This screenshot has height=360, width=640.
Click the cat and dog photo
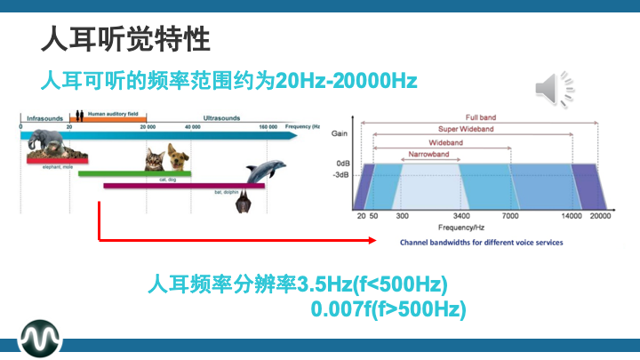click(167, 158)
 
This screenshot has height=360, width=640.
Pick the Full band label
click(480, 116)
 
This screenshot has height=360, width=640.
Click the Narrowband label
click(428, 154)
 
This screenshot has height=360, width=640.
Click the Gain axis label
click(340, 133)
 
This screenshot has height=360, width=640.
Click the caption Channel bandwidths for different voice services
click(481, 242)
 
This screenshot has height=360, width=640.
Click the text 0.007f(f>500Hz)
click(388, 309)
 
